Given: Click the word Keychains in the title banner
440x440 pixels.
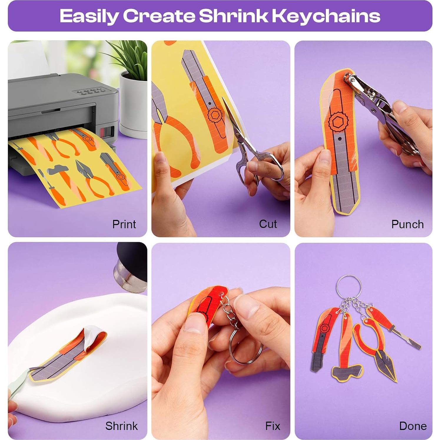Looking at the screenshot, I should point(326,16).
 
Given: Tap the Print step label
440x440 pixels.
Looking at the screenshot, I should point(124,224).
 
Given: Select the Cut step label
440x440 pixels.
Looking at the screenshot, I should point(268,224).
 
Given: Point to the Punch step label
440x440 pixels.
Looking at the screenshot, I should point(407,224).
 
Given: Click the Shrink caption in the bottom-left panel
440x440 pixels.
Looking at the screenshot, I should point(121,426).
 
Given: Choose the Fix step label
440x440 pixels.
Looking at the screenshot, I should point(273,426).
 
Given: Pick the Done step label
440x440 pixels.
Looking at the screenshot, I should point(413,426).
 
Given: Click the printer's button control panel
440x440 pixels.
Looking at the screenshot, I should point(90,92).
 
